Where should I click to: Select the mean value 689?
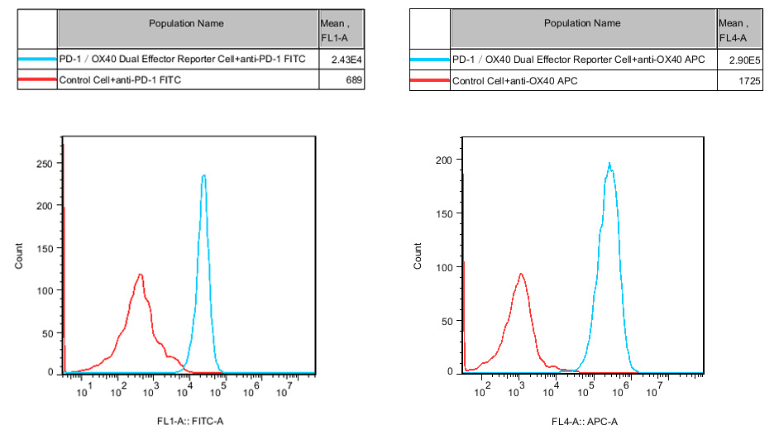pos(354,79)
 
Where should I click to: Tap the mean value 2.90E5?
pos(748,60)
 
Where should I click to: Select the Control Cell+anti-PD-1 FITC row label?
pos(121,79)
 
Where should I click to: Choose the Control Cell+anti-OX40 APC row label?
pos(514,80)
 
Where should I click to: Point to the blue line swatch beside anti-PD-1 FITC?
pos(37,60)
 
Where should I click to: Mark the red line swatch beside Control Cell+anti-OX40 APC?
pos(430,80)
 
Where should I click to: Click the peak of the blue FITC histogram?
pos(203,175)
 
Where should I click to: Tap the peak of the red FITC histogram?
pos(141,275)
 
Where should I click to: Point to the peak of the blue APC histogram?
pos(609,163)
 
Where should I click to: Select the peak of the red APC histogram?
pos(521,274)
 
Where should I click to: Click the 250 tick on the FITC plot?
pos(46,163)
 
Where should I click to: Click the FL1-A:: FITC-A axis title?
pos(189,422)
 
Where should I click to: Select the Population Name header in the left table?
pos(186,23)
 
